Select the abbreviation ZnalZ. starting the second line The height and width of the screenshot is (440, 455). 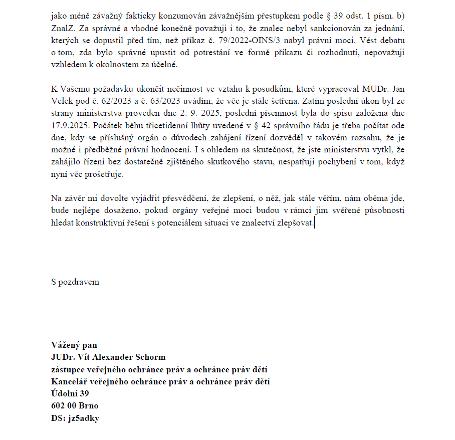coord(63,28)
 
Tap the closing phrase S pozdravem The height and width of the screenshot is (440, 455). coord(75,282)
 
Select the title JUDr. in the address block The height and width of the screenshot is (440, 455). coord(63,357)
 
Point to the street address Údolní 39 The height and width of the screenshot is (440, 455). coord(70,394)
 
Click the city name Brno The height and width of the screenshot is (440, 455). coord(88,406)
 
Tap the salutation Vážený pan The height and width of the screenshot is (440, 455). coord(74,345)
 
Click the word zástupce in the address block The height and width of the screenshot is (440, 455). coord(71,370)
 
